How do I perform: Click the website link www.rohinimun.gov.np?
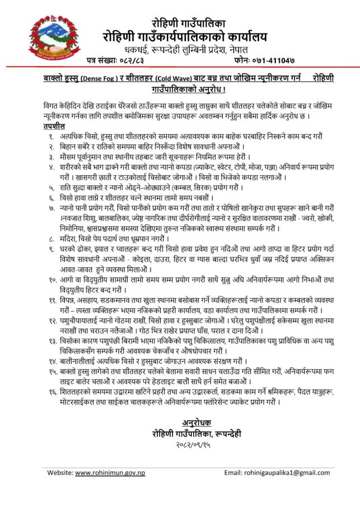click(x=110, y=473)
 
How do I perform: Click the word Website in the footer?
click(x=60, y=473)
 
